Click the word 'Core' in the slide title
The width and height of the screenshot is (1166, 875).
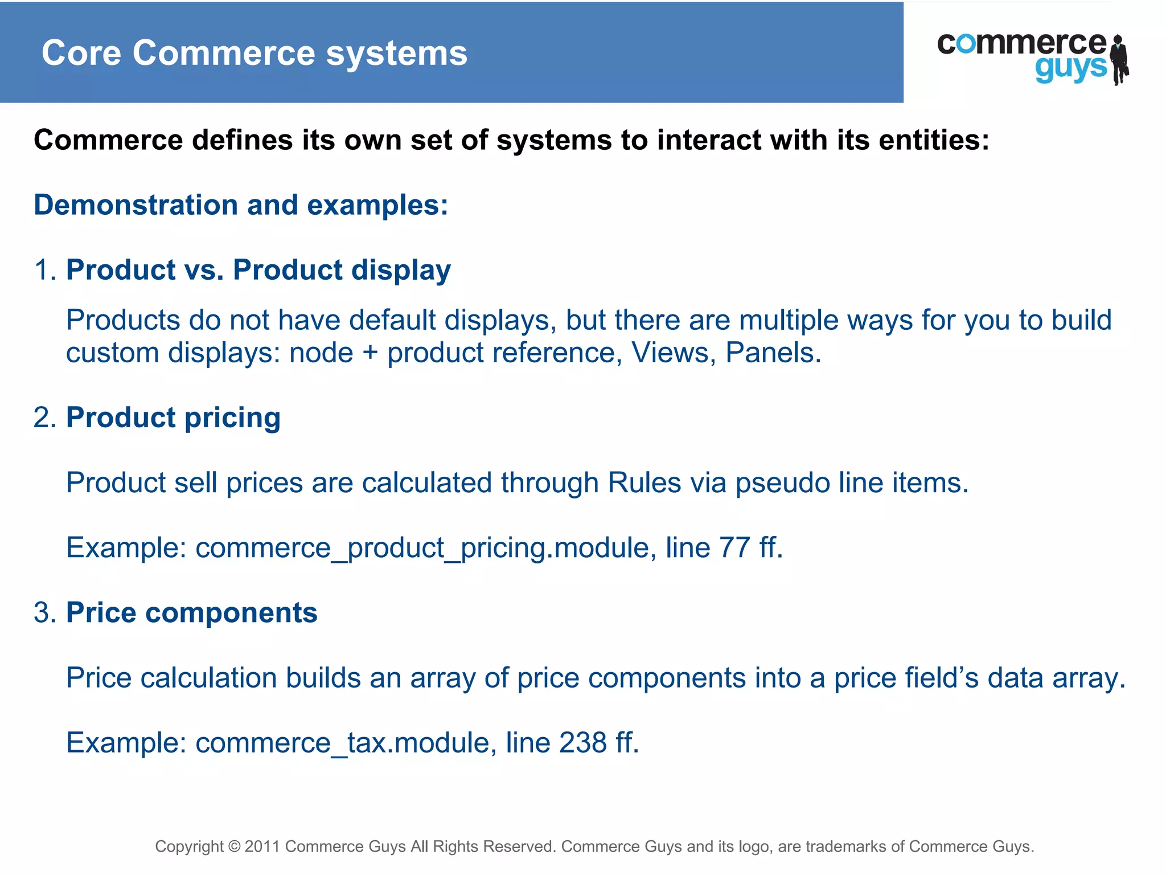pos(81,53)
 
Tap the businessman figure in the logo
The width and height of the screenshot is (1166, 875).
pos(1119,59)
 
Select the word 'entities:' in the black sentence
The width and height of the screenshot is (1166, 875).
pos(934,140)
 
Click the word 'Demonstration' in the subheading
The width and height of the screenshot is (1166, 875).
pos(136,205)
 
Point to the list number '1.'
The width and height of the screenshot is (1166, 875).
pos(45,270)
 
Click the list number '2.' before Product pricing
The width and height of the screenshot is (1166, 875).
pos(45,418)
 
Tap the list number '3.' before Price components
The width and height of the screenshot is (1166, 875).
pos(45,613)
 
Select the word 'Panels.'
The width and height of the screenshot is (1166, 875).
pos(773,353)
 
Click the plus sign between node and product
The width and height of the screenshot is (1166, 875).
pos(370,354)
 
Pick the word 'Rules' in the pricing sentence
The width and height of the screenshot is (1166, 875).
pos(644,483)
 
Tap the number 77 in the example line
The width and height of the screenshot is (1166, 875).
pos(734,548)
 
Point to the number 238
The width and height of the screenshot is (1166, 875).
pos(582,743)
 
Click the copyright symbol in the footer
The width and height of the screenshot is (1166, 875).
pos(234,847)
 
